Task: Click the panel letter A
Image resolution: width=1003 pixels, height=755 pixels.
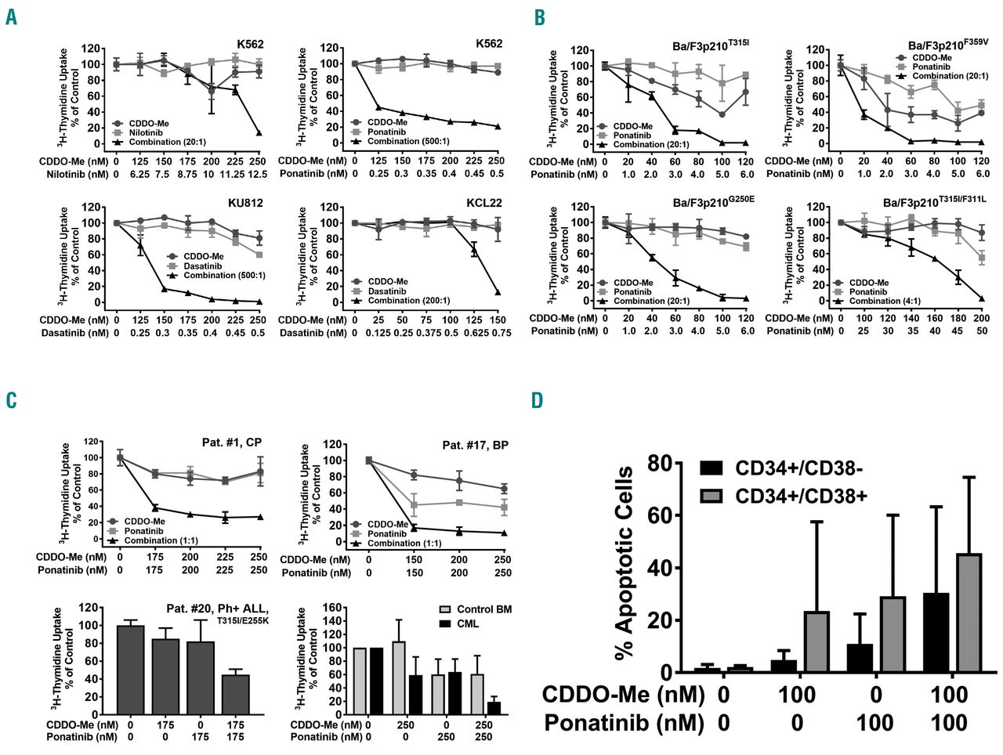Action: coord(11,16)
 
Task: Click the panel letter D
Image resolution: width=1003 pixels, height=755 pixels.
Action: coord(537,400)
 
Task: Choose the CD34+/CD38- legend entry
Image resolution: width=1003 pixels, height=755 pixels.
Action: coord(783,468)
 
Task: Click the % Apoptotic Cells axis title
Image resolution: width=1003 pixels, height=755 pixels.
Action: coord(625,562)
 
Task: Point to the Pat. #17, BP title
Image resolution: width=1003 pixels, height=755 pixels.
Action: coord(475,445)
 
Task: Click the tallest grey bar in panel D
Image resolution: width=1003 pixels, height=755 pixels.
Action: coord(969,612)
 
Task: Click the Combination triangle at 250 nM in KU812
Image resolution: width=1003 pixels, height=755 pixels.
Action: coord(259,302)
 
